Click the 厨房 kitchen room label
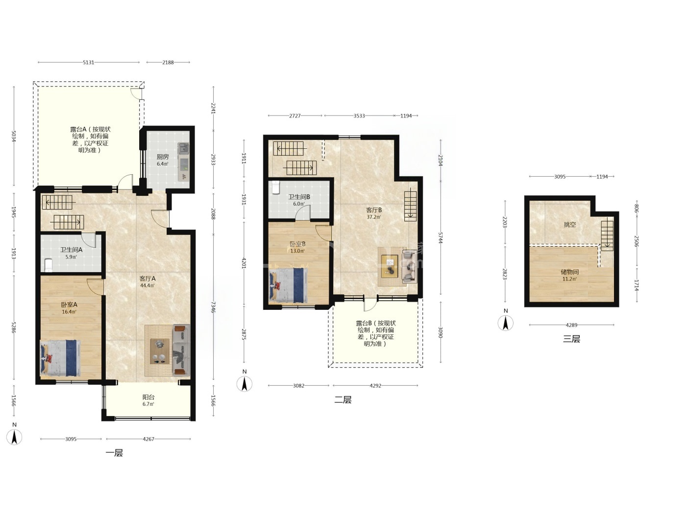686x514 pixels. tap(163, 157)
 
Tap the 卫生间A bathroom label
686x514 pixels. tap(71, 250)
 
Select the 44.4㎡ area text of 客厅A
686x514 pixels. tap(147, 285)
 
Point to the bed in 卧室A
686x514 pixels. tap(60, 358)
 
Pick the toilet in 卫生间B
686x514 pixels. tap(276, 187)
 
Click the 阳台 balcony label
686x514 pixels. tap(148, 397)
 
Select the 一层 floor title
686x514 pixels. tap(114, 453)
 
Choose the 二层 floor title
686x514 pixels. tap(343, 400)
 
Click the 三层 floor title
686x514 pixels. tap(571, 339)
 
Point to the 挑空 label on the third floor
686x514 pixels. tap(570, 224)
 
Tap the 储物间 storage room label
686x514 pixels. tap(569, 272)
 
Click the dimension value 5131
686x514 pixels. tap(89, 63)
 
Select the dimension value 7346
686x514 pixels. tap(214, 307)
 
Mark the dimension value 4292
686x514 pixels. tap(375, 386)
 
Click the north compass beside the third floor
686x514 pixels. tap(505, 323)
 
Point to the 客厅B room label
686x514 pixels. tap(374, 210)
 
